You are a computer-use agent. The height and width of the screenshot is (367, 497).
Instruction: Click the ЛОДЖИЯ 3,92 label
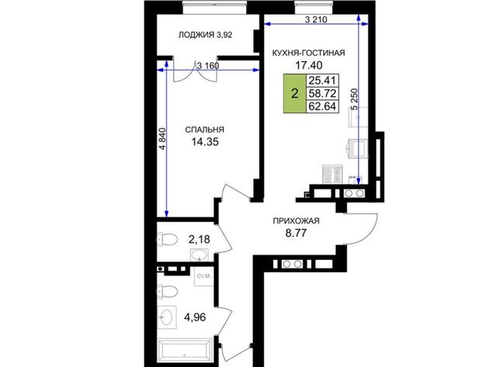click(205, 35)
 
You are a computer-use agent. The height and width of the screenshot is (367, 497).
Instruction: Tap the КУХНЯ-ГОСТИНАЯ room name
click(309, 53)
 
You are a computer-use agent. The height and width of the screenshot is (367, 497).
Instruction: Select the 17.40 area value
click(309, 65)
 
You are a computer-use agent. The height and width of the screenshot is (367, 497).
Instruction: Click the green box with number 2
click(294, 93)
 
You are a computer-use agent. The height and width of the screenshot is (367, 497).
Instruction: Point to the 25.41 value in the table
click(322, 81)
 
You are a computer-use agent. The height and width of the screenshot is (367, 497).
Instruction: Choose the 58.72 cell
click(322, 93)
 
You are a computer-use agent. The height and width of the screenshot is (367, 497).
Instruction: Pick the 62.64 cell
click(322, 106)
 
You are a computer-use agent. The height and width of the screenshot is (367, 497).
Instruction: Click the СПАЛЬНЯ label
click(204, 130)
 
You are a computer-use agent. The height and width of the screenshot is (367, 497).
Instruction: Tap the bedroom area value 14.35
click(205, 142)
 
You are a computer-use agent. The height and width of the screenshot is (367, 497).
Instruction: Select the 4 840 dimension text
click(162, 138)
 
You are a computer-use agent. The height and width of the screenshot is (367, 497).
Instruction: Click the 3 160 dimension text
click(208, 66)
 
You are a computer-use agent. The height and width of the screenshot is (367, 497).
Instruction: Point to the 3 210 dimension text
click(316, 19)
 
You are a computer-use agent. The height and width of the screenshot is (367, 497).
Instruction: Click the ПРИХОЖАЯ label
click(296, 221)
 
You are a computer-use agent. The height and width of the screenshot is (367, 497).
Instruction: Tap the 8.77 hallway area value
click(296, 234)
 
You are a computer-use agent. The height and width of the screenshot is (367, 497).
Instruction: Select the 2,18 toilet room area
click(199, 239)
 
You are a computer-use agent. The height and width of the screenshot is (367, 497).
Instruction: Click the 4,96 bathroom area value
click(195, 317)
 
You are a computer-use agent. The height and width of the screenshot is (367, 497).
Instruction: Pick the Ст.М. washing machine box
click(203, 276)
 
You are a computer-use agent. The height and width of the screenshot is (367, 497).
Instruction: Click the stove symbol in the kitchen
click(332, 174)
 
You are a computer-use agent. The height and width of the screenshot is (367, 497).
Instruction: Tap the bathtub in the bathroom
click(185, 351)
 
